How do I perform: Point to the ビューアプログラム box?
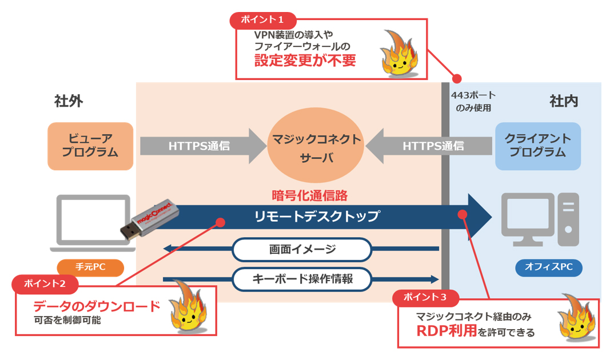pyautogui.click(x=90, y=146)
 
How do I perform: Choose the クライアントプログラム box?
pyautogui.click(x=537, y=146)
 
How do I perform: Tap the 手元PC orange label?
pyautogui.click(x=90, y=267)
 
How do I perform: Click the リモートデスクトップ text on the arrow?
pyautogui.click(x=317, y=217)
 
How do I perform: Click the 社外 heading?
pyautogui.click(x=69, y=101)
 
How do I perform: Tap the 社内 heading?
pyautogui.click(x=564, y=101)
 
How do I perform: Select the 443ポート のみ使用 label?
pyautogui.click(x=473, y=101)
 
